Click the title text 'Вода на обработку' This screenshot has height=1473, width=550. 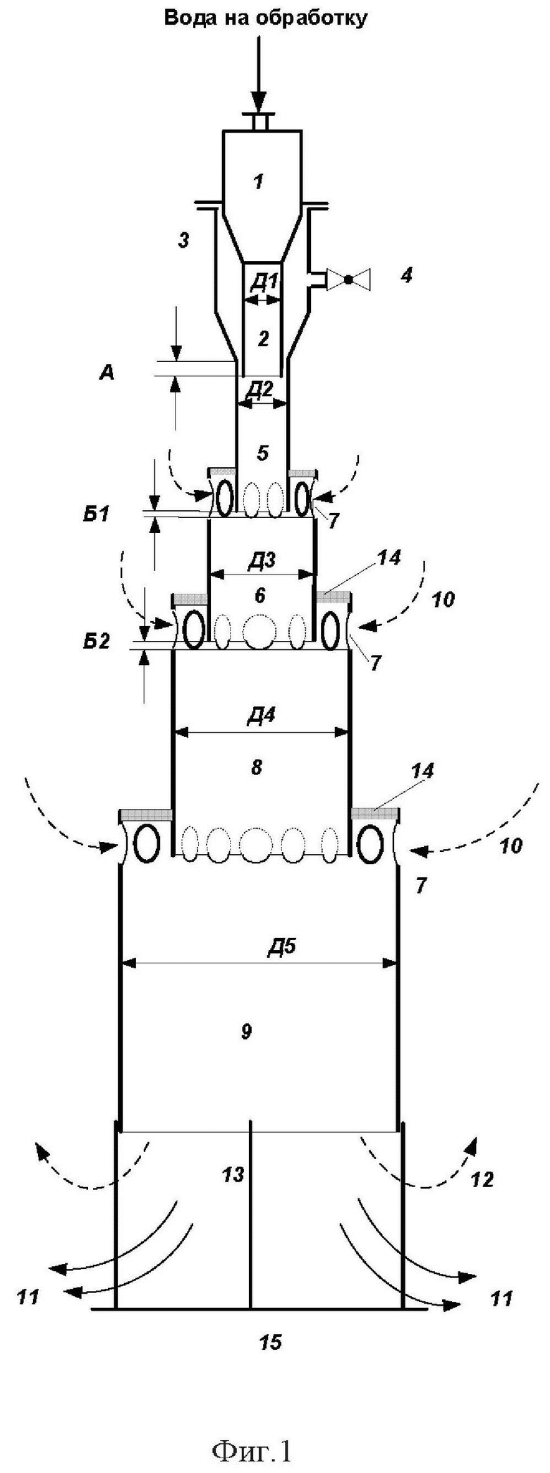click(x=266, y=18)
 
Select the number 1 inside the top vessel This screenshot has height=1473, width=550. click(x=258, y=182)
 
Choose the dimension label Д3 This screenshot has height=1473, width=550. click(x=261, y=561)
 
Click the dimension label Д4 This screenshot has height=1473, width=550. click(x=260, y=716)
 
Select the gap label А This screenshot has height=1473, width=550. click(x=106, y=373)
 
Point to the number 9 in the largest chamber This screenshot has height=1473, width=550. click(x=246, y=1033)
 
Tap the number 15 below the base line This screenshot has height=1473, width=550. click(x=271, y=1342)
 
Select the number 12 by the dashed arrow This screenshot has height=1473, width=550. click(x=482, y=1179)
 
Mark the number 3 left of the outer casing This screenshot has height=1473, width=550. click(x=183, y=240)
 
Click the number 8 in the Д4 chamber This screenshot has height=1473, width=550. click(x=256, y=767)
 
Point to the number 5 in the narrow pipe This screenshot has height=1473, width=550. click(x=263, y=453)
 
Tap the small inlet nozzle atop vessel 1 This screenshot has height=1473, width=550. click(x=258, y=121)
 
